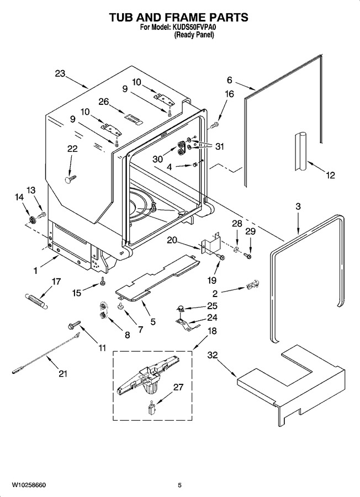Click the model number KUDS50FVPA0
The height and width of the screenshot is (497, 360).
(x=194, y=28)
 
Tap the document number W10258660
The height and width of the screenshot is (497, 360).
(x=29, y=485)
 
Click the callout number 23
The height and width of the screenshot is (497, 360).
(x=60, y=73)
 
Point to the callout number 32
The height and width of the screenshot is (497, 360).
(x=213, y=355)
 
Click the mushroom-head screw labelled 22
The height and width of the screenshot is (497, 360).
(x=70, y=179)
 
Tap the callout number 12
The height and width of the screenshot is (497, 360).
(x=330, y=175)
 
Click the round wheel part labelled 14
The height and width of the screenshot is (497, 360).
(x=31, y=219)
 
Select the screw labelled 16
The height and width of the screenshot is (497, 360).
(x=214, y=125)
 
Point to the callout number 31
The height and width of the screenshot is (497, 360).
(x=219, y=146)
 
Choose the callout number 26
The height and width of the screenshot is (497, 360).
(x=104, y=102)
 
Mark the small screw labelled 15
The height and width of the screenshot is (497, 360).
(x=102, y=281)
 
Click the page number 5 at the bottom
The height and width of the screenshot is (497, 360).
(x=179, y=485)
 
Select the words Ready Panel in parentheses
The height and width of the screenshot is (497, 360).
(x=194, y=35)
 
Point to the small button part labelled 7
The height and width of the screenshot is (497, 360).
(x=121, y=306)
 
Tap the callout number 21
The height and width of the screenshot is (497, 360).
(x=63, y=374)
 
